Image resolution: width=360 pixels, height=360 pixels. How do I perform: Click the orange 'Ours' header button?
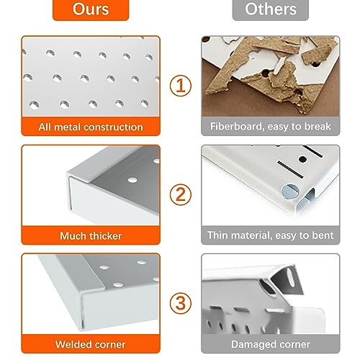[91, 9]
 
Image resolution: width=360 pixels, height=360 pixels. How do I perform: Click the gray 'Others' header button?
[271, 9]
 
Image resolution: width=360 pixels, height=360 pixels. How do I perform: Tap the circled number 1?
[181, 86]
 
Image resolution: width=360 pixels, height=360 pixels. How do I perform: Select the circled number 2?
[181, 194]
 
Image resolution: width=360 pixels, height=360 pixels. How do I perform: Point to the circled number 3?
[181, 303]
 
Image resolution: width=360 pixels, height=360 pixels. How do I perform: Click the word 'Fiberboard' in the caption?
[237, 126]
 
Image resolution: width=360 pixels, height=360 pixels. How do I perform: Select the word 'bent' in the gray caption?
[323, 235]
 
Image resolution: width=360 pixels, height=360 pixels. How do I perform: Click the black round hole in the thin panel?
[302, 159]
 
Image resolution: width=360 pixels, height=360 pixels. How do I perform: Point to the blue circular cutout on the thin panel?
[290, 192]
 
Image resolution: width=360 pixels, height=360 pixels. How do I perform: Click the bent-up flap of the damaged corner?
[287, 279]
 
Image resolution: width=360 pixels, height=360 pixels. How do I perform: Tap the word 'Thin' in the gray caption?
[217, 235]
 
